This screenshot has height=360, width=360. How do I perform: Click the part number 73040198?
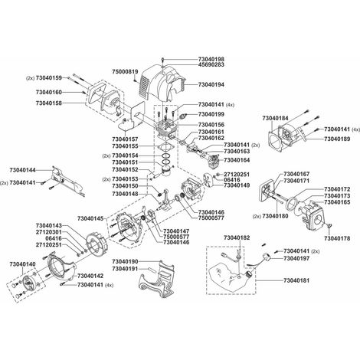pyautogui.click(x=211, y=59)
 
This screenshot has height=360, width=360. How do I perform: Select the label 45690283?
pyautogui.click(x=211, y=65)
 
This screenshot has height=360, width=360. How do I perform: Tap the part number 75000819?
pyautogui.click(x=125, y=72)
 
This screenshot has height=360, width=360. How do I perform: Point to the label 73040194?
pyautogui.click(x=211, y=84)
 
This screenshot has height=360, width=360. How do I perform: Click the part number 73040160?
pyautogui.click(x=49, y=92)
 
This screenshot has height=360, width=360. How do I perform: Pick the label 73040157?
pyautogui.click(x=125, y=139)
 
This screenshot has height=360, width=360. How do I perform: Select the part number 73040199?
pyautogui.click(x=211, y=114)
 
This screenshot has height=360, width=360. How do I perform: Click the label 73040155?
pyautogui.click(x=125, y=146)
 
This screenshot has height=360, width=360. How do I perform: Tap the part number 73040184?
pyautogui.click(x=275, y=118)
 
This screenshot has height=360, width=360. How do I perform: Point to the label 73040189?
pyautogui.click(x=337, y=139)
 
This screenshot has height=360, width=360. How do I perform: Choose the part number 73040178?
pyautogui.click(x=337, y=238)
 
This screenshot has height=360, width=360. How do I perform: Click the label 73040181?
pyautogui.click(x=296, y=280)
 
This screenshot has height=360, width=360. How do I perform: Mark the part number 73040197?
pyautogui.click(x=296, y=259)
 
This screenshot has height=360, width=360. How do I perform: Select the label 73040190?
pyautogui.click(x=125, y=262)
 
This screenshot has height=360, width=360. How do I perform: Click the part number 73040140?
pyautogui.click(x=23, y=264)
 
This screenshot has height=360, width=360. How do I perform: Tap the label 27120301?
pyautogui.click(x=49, y=232)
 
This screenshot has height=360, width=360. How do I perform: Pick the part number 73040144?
pyautogui.click(x=23, y=170)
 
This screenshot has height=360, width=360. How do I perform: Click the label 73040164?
pyautogui.click(x=237, y=160)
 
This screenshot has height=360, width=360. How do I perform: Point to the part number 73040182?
pyautogui.click(x=237, y=238)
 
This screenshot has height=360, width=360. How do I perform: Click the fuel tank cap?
pyautogui.click(x=249, y=275)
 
